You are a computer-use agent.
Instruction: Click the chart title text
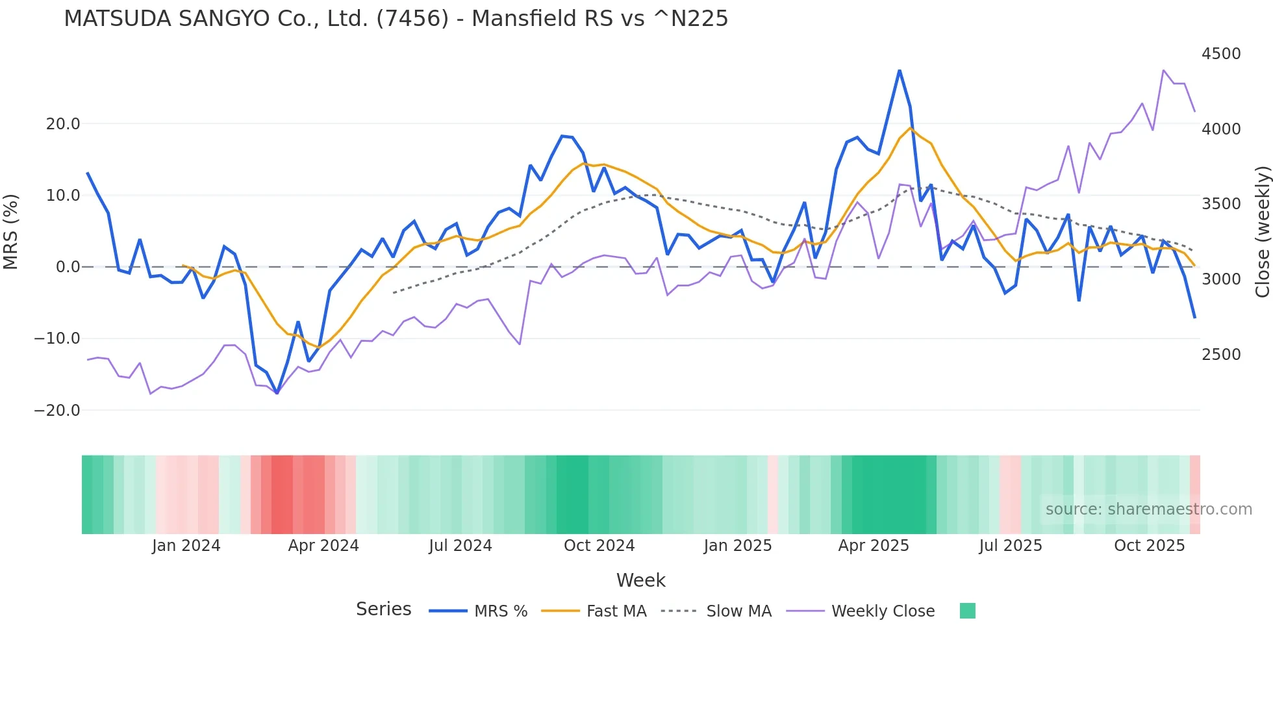(x=396, y=19)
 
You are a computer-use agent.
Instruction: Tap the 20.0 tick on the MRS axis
(x=63, y=124)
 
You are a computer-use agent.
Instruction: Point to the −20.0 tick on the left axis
(x=57, y=411)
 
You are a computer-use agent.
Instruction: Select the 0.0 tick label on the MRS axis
(x=68, y=267)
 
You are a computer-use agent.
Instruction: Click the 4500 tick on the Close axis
(x=1221, y=54)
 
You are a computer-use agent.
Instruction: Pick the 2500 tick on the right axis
(x=1221, y=355)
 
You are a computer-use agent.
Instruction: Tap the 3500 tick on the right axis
(x=1221, y=204)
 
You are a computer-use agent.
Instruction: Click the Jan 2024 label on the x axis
(x=186, y=546)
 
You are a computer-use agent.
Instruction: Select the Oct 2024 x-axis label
(x=599, y=546)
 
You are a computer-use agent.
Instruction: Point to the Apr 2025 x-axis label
(x=874, y=546)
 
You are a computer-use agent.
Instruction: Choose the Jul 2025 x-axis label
(x=1011, y=546)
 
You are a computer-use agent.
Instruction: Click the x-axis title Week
(x=640, y=580)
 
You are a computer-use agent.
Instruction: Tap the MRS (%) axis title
(x=11, y=232)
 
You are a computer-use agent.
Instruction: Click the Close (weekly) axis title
(x=1262, y=232)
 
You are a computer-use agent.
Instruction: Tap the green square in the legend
(x=968, y=611)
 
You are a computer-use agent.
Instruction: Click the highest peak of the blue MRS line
(x=900, y=70)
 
